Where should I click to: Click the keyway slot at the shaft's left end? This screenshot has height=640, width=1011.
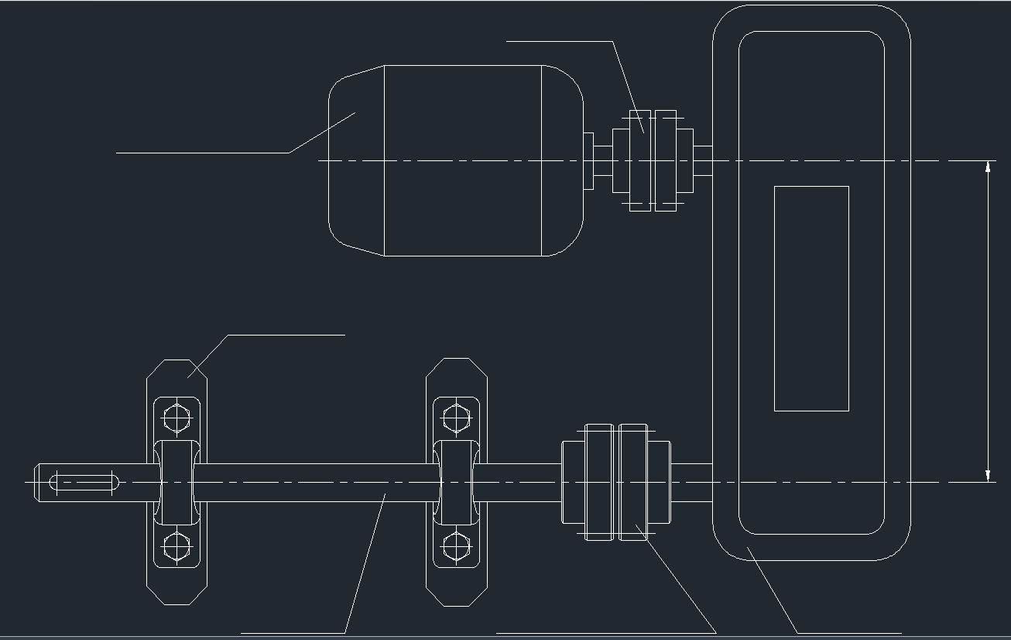84,482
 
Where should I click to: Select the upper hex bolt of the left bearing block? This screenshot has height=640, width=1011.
177,419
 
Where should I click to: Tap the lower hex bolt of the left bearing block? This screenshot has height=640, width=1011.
177,546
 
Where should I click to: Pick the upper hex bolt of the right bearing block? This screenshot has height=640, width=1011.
457,419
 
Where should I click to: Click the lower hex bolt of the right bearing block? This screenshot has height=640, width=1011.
457,546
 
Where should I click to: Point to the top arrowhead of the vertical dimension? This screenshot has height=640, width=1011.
989,167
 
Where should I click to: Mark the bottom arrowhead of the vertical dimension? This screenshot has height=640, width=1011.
989,475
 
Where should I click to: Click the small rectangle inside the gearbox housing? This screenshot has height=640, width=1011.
811,298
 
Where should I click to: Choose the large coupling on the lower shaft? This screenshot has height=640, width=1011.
616,482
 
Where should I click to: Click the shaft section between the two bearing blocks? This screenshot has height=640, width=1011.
317,482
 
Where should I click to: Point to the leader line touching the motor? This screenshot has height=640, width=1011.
232,153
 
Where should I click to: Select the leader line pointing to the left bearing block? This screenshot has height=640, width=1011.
263,335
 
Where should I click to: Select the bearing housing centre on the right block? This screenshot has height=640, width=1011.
457,482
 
